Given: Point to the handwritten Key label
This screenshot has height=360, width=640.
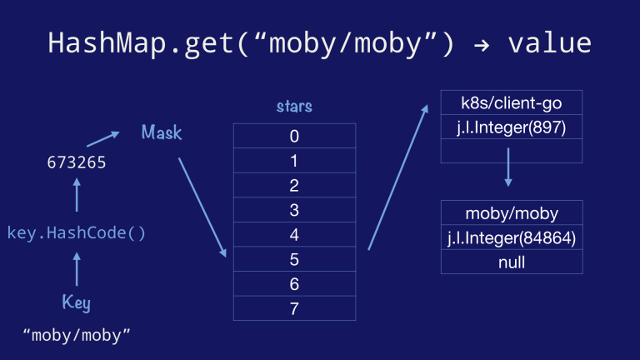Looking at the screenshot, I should pos(77,302).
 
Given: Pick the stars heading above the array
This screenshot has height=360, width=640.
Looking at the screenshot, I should pos(294,107).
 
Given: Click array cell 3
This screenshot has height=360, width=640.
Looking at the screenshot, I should pos(294,211).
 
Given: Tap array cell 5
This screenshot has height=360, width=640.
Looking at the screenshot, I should pos(294,260).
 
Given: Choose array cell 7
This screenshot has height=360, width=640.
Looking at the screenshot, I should pos(294,309).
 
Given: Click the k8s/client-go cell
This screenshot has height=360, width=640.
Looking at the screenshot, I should pos(511,102).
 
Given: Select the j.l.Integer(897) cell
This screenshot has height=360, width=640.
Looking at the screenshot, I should pos(511,127).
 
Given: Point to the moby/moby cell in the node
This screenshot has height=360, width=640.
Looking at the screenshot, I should pos(511,213).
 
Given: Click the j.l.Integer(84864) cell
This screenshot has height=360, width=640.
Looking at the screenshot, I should pos(511,238).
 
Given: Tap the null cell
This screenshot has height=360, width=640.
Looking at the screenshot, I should pos(511,262).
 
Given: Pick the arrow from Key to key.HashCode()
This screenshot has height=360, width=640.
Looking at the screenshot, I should pos(77,269).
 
